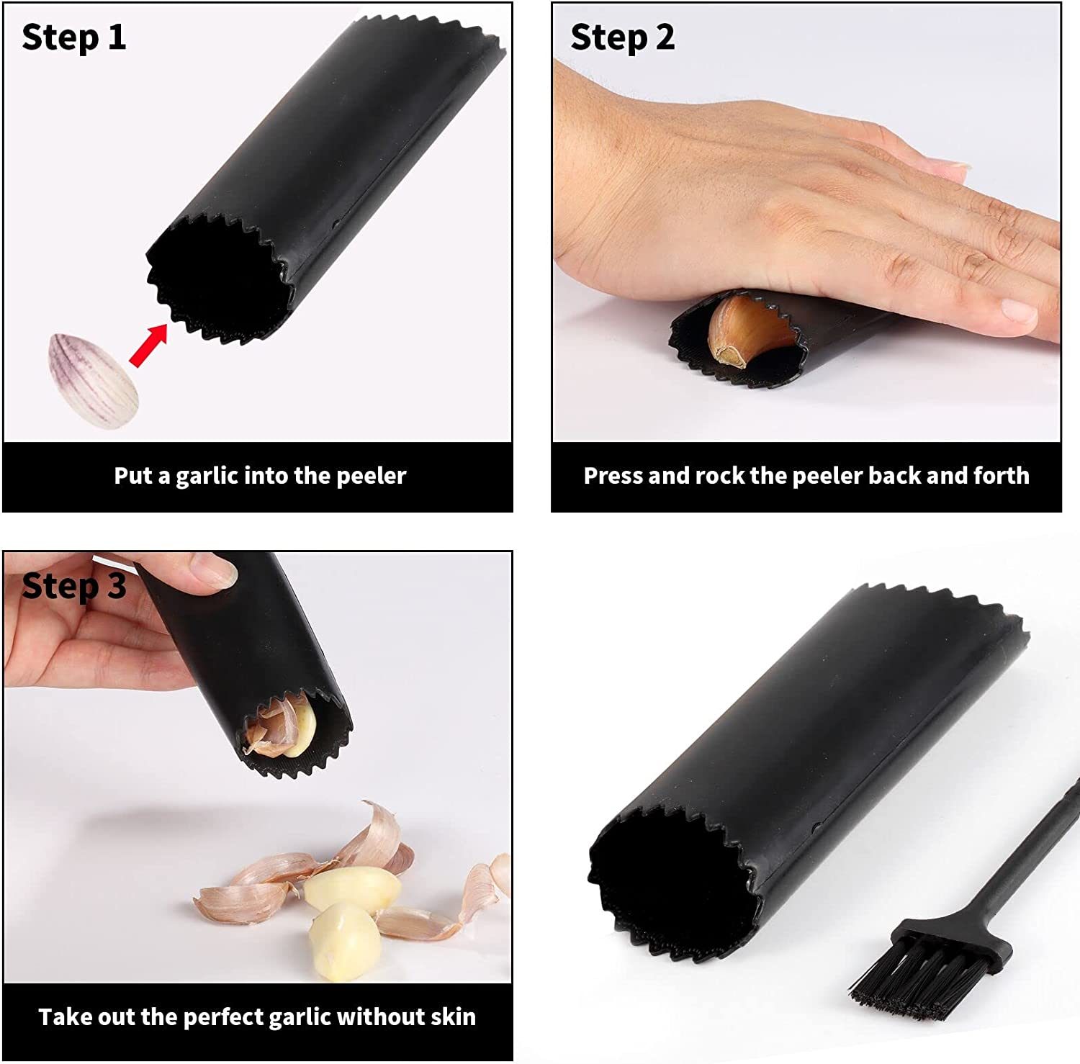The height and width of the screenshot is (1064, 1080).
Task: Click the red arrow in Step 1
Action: coord(148,345)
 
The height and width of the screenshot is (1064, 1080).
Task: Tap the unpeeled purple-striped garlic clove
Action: coord(93,382)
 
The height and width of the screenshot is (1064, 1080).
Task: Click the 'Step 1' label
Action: coord(73,37)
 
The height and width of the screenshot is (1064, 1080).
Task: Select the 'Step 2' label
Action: coord(622,37)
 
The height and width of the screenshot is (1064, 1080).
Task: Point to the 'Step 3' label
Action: coord(73,586)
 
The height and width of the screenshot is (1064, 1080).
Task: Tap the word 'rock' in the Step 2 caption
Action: coord(721,476)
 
